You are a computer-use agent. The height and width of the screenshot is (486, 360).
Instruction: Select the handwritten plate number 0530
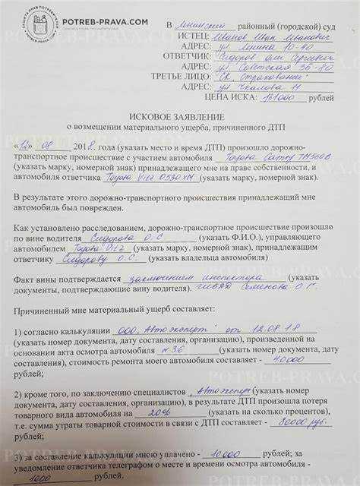tap(153, 177)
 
